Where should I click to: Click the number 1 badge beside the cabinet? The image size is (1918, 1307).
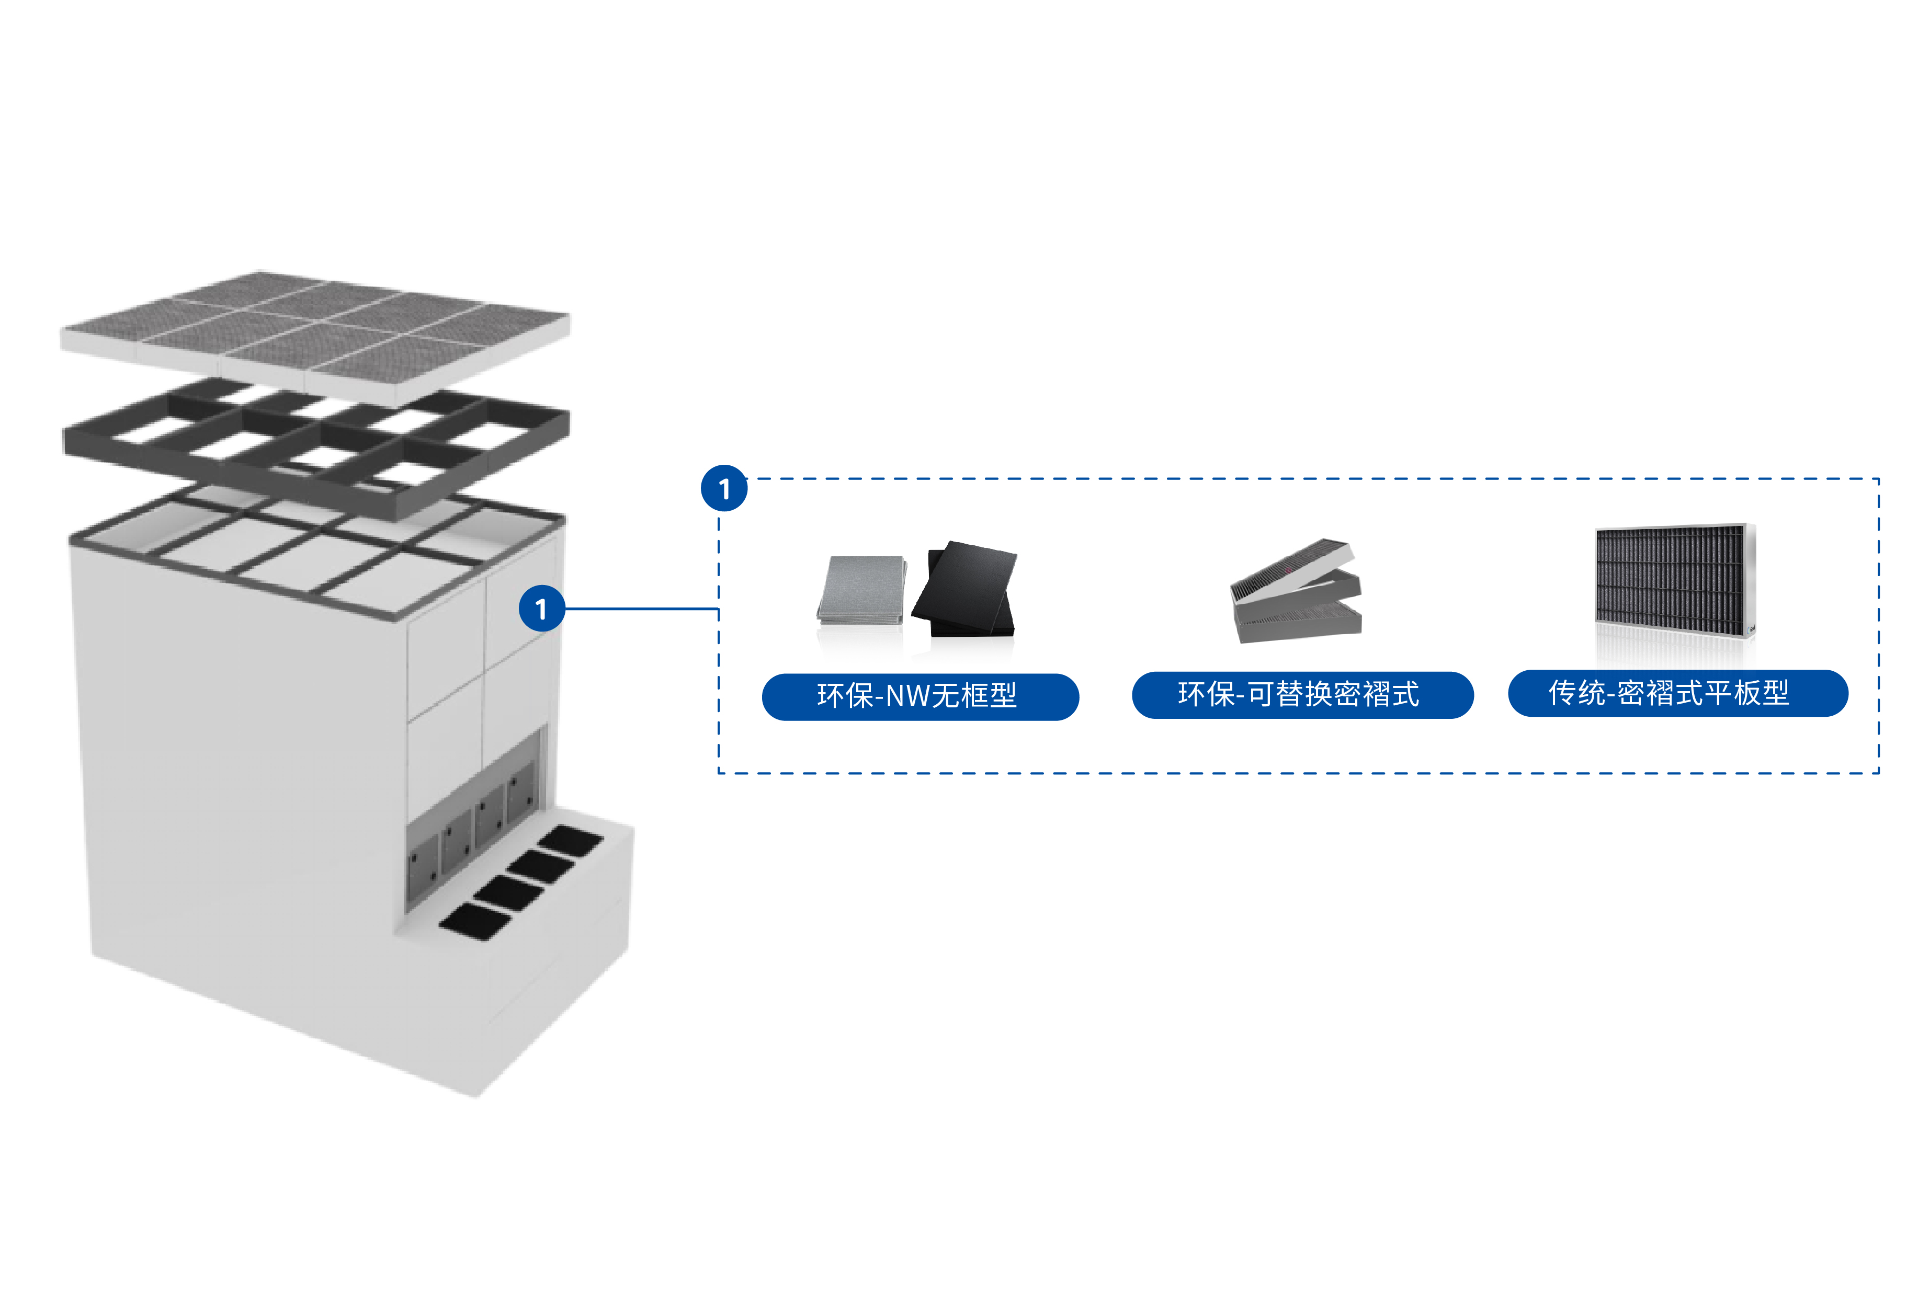[541, 609]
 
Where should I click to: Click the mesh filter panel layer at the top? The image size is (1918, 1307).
[314, 330]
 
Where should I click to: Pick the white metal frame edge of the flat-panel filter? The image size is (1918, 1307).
[1750, 578]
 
